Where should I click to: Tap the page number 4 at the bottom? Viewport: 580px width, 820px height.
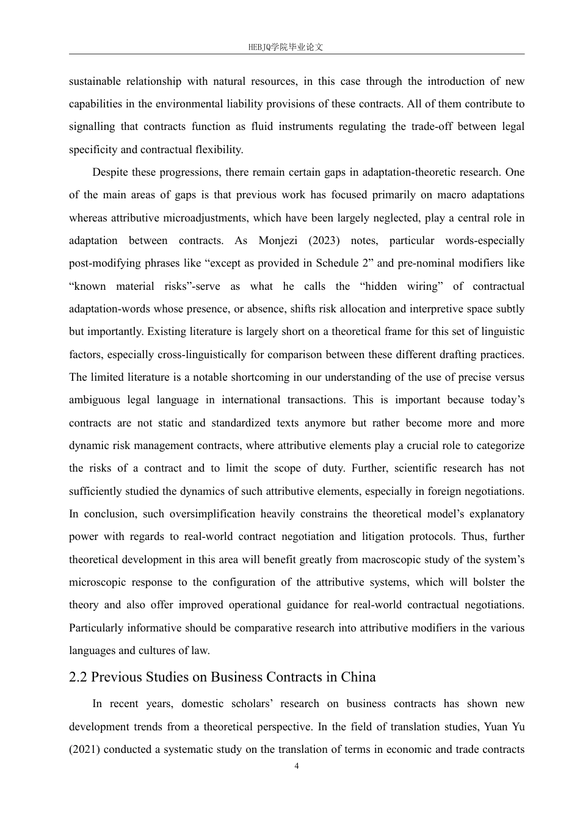297,766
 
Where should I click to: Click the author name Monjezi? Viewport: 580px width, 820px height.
279,240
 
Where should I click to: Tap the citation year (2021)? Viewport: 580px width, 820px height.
84,749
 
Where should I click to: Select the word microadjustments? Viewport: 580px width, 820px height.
206,218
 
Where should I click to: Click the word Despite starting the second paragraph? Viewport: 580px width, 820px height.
111,172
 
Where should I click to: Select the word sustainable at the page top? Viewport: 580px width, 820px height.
95,81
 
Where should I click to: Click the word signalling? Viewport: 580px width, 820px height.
92,127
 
